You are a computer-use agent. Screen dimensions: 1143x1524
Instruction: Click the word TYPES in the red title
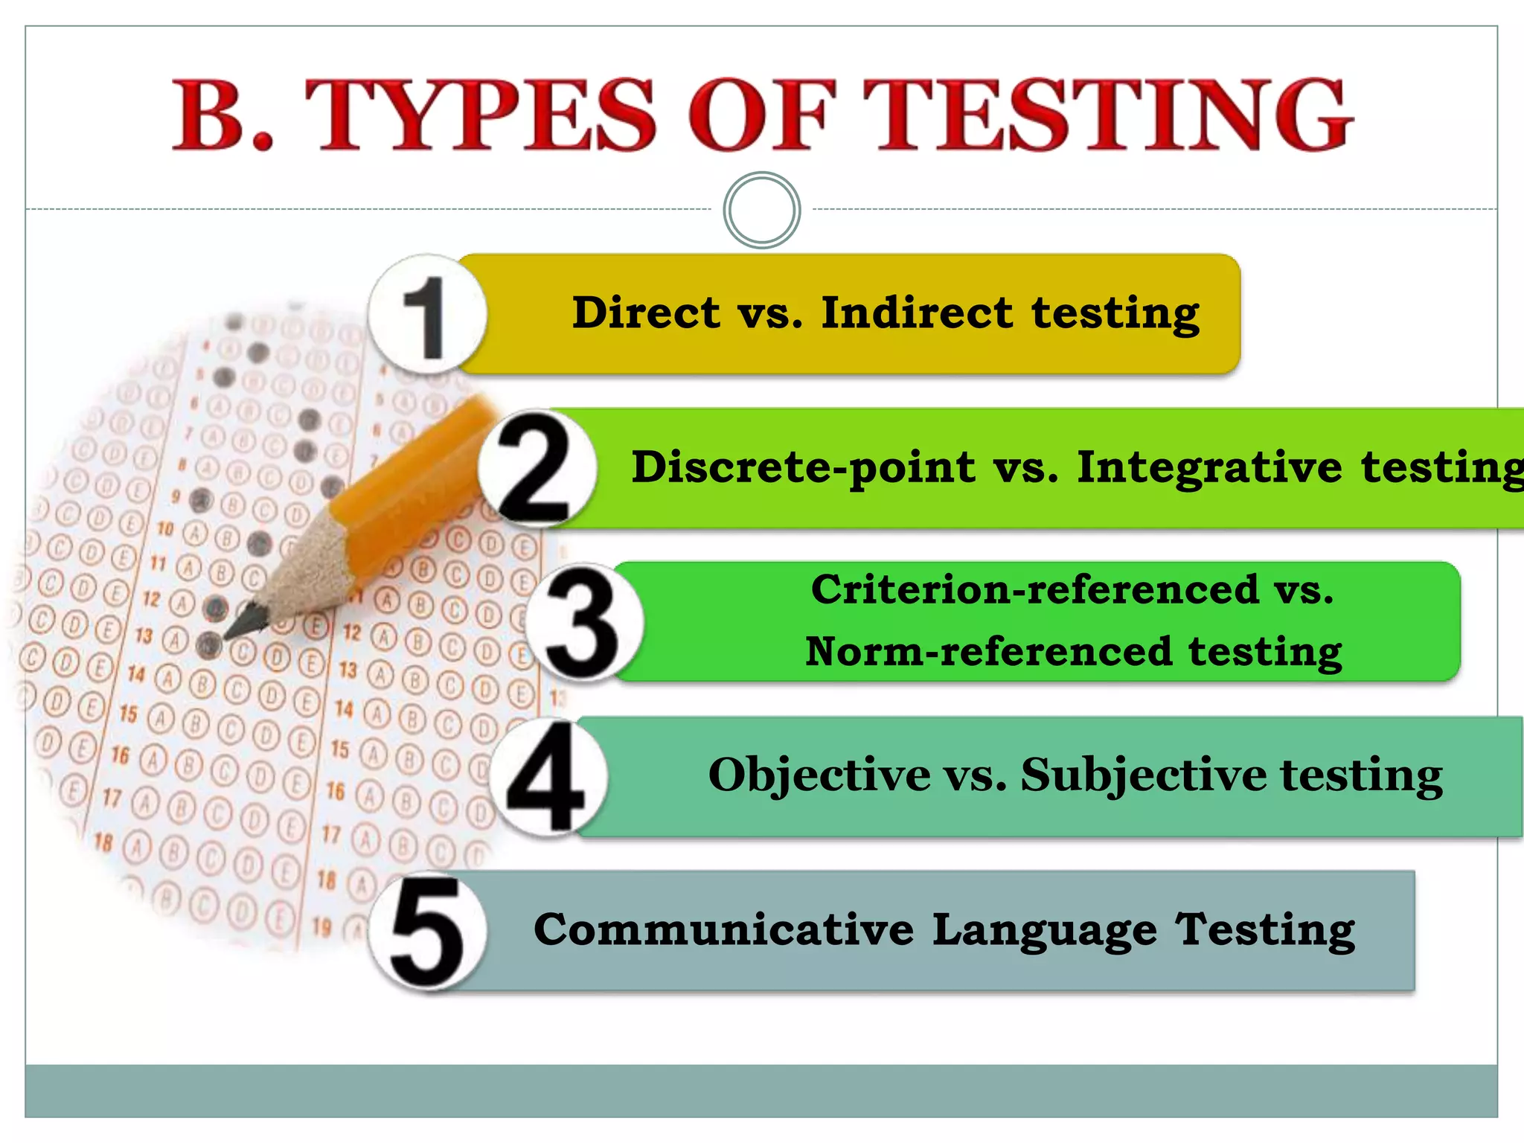(481, 115)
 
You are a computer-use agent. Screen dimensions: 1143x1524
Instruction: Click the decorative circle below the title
(761, 210)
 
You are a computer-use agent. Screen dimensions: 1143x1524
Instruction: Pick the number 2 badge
(536, 469)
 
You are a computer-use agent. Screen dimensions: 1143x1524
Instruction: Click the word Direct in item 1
(646, 313)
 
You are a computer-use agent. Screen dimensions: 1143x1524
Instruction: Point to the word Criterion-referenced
(1034, 590)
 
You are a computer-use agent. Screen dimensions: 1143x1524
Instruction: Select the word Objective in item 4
(819, 775)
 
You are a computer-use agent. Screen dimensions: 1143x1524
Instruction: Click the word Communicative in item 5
(723, 930)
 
